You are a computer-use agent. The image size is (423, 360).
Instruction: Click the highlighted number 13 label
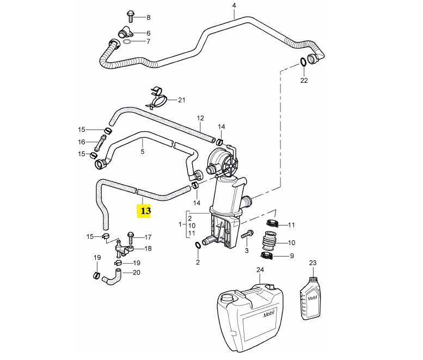pos(144,210)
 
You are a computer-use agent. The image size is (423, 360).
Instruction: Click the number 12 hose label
pos(200,118)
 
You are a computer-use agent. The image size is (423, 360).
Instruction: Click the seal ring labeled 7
pos(127,41)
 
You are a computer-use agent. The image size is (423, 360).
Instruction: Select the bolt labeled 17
pos(130,237)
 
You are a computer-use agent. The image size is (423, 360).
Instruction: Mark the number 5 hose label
pos(143,152)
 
